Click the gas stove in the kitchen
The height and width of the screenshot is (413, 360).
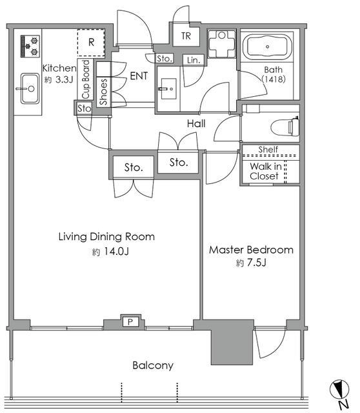[30, 46]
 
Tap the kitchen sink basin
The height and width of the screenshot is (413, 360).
[30, 88]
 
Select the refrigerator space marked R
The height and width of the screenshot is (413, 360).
[91, 43]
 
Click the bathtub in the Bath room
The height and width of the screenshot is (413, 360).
[267, 47]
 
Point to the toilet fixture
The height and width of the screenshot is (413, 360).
[285, 127]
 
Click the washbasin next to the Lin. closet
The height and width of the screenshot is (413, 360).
[168, 88]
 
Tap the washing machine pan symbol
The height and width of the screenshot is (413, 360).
[221, 44]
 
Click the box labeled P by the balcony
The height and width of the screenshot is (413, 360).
[130, 321]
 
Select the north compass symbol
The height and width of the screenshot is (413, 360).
[340, 389]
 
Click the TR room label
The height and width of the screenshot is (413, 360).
[186, 36]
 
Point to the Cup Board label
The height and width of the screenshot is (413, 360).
[86, 79]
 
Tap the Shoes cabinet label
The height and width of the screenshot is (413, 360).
[103, 92]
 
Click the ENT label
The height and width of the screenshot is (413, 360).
[139, 76]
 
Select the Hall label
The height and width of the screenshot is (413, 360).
[196, 123]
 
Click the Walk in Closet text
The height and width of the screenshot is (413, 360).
[265, 171]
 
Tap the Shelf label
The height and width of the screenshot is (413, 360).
[268, 149]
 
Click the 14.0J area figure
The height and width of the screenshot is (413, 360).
[116, 252]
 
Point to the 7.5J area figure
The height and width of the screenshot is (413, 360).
[255, 263]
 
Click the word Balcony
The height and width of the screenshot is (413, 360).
[153, 365]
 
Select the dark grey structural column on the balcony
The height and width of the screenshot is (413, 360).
[232, 342]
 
